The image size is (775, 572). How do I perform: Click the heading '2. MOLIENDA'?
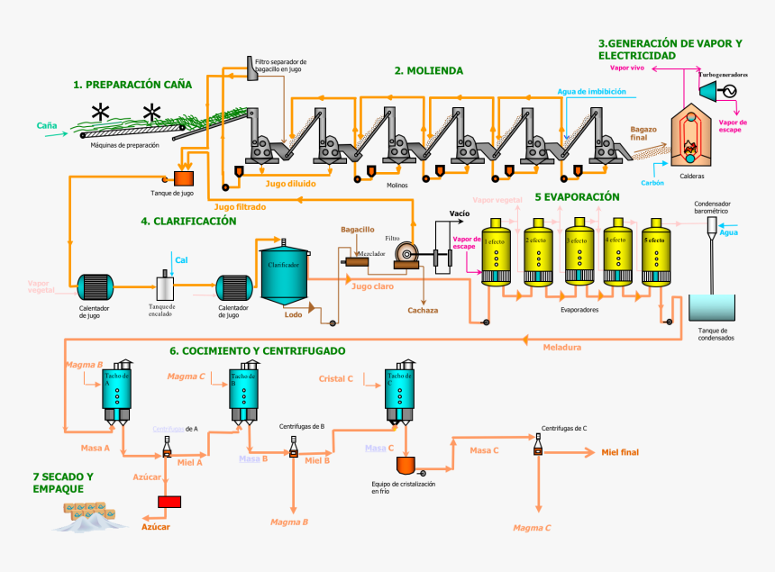[429, 70]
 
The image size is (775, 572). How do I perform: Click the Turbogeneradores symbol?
[717, 90]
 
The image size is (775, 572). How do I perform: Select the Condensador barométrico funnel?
[711, 226]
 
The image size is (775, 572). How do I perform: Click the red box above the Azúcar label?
[169, 501]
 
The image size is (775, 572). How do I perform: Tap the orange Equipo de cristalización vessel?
[406, 467]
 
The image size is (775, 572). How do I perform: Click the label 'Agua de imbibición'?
[590, 91]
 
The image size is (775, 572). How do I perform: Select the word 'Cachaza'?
[423, 310]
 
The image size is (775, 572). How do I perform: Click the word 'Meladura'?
[561, 347]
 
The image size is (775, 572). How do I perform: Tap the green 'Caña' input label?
[47, 125]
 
